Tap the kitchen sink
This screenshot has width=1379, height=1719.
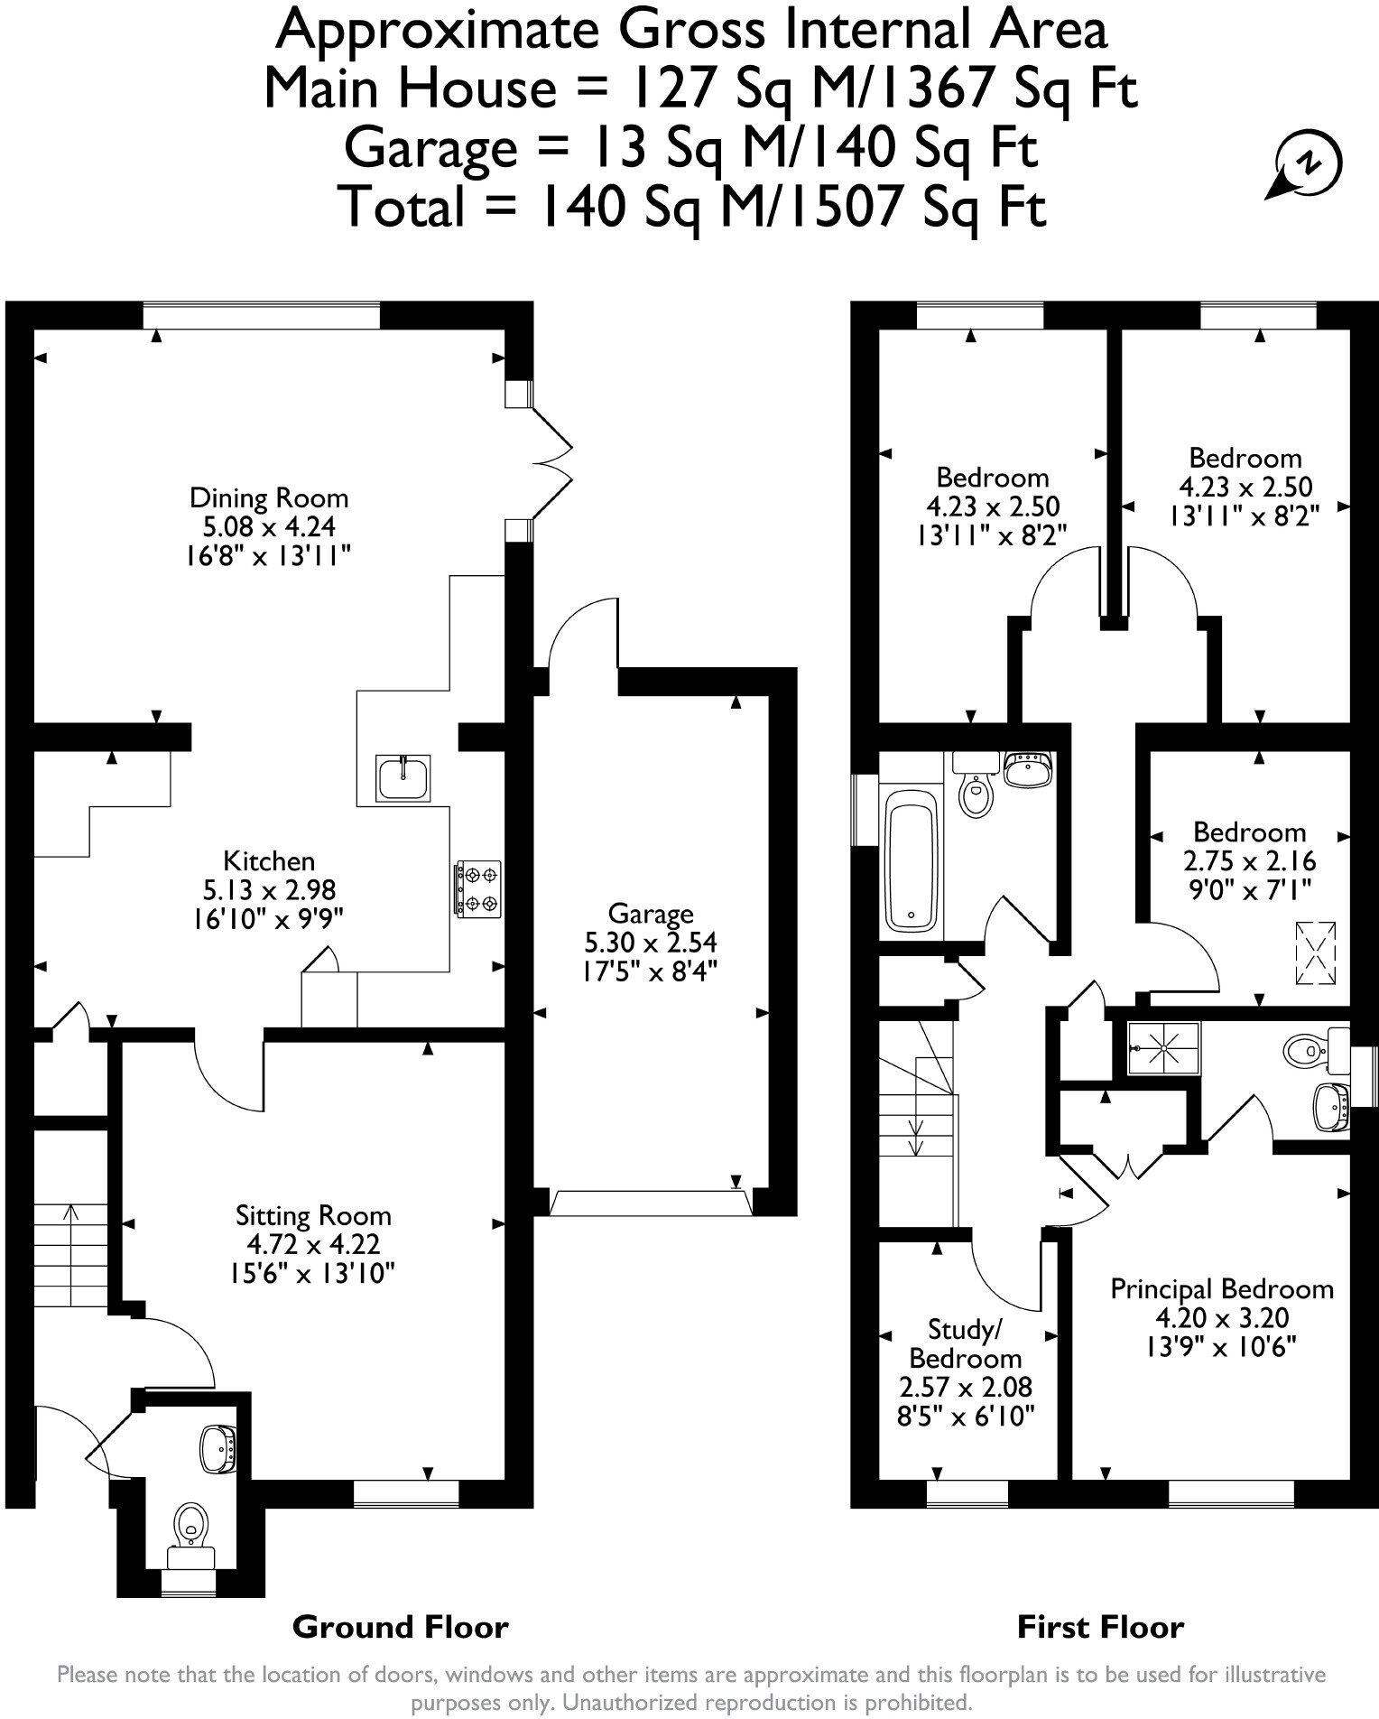403,776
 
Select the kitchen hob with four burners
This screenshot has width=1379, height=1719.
477,889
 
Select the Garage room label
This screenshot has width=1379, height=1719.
650,914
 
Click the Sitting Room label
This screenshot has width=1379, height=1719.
313,1215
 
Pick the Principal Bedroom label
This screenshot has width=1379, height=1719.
1221,1288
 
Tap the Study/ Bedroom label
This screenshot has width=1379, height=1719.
965,1343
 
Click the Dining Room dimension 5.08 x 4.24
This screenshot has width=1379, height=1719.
269,525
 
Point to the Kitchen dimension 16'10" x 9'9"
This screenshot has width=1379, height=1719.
269,918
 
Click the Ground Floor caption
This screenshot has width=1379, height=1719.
401,1628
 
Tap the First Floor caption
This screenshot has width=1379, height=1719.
1100,1628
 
